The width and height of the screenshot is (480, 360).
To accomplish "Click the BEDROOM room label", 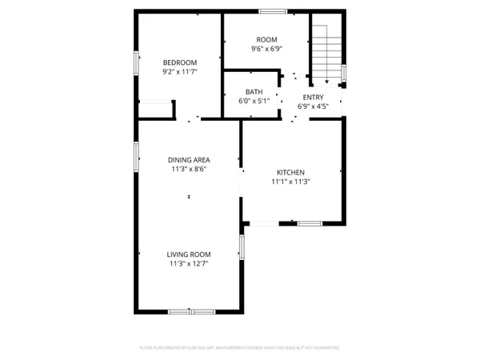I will coord(179,62).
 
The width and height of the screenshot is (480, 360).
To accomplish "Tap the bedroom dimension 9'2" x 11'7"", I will coord(179,71).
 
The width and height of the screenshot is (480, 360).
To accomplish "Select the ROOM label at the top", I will coord(266,39).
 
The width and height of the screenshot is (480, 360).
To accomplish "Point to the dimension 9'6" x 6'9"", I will coord(266,48).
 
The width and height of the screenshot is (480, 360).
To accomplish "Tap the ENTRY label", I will coord(313,96).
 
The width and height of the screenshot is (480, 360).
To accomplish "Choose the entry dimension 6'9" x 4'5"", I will coord(313,106).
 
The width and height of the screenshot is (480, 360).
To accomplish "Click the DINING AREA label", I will coord(189,160).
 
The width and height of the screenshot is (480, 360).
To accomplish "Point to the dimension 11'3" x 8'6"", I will coord(189,170).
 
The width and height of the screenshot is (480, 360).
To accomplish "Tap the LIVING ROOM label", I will coord(189,254).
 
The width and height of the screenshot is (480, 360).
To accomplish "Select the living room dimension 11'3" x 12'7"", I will coord(189,263).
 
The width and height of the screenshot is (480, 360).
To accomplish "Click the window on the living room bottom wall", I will coord(192,310).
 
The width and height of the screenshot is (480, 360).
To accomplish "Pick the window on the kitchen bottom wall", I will coord(310,222).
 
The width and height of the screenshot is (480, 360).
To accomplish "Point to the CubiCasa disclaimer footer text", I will coord(240,348).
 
